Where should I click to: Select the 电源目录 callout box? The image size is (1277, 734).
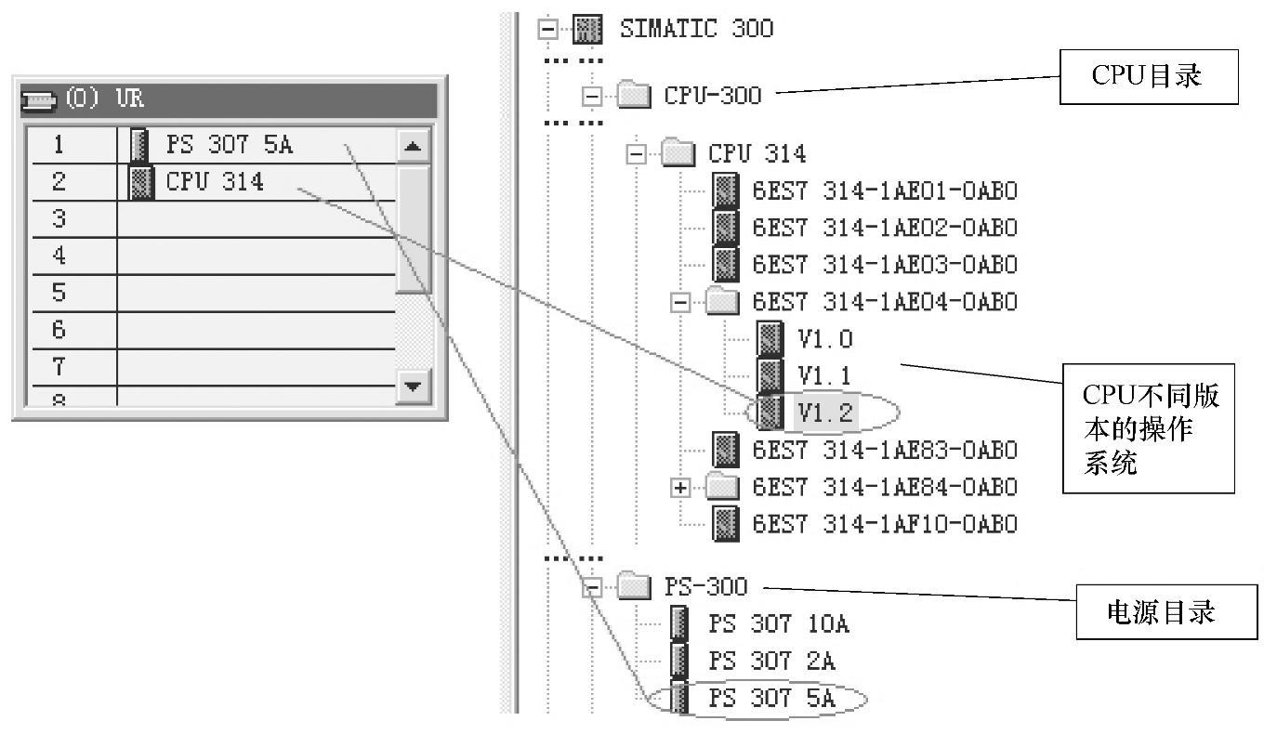[1166, 612]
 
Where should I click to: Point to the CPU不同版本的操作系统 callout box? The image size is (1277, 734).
[1149, 428]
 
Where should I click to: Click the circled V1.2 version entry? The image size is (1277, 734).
[823, 413]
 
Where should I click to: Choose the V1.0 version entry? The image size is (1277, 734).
[823, 339]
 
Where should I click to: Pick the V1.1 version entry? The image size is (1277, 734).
[823, 375]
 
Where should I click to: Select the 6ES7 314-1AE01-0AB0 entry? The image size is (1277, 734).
[884, 190]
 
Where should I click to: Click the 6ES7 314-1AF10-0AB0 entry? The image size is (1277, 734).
[884, 524]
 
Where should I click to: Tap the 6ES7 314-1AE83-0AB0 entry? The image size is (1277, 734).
[884, 450]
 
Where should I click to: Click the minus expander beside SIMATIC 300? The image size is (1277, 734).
[548, 29]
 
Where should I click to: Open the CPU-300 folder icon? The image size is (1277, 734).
[634, 95]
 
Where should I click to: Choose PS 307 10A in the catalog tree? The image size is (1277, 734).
[778, 623]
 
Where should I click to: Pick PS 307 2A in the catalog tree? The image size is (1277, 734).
[771, 661]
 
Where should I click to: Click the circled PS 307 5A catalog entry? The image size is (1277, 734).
[771, 699]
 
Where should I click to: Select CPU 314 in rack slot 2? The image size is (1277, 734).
[214, 182]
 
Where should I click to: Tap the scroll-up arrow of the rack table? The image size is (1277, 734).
[414, 146]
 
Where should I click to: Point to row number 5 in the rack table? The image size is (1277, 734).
[59, 294]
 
